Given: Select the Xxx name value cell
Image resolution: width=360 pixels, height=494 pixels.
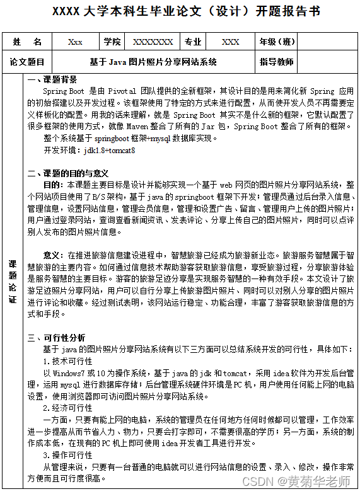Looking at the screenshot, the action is [x=76, y=42].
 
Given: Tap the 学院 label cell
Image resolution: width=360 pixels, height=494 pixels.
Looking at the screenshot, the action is [x=113, y=42].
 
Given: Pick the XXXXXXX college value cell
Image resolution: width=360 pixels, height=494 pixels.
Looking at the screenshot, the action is [x=153, y=42].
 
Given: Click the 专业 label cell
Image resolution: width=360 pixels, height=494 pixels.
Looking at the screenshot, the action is [x=193, y=42].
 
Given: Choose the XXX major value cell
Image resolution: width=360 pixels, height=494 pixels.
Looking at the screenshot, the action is [x=231, y=42].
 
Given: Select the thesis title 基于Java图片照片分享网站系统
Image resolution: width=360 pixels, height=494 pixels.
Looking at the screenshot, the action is [x=153, y=62].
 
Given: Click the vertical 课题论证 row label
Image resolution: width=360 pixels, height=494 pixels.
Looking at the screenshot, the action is [x=13, y=280].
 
